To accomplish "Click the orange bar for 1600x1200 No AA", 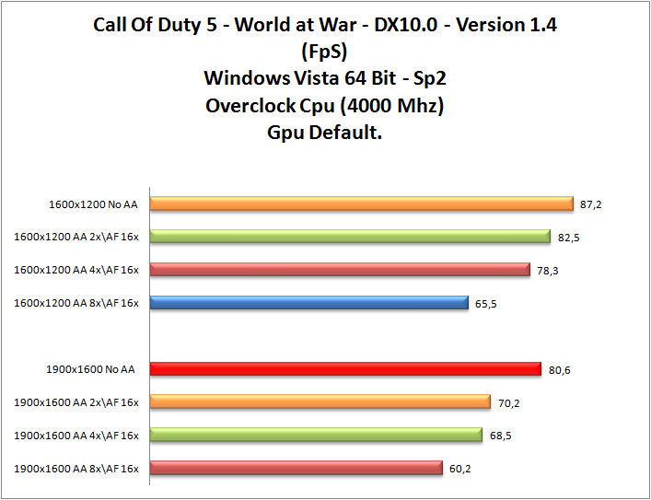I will [x=362, y=203].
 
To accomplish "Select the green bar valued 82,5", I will [x=350, y=237].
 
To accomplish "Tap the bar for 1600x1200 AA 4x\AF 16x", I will [x=340, y=270].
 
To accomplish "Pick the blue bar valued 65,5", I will [x=309, y=302].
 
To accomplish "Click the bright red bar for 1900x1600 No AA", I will [x=345, y=369].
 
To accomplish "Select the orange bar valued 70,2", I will [x=320, y=401].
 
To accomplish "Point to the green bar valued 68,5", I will [x=316, y=435].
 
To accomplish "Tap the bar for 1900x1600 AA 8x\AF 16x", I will [x=296, y=468].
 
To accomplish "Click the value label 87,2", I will [x=591, y=204].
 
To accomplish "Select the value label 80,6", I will [x=559, y=369].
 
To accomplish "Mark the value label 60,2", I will [x=460, y=468].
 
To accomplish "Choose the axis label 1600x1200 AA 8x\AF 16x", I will [x=76, y=303].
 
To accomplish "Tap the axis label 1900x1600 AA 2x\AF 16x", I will [x=76, y=402].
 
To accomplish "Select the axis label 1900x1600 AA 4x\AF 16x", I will [x=76, y=436].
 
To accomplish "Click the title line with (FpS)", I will [x=325, y=51].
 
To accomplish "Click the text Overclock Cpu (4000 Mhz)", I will [x=325, y=104].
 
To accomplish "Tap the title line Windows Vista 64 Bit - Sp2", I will [x=325, y=77].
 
